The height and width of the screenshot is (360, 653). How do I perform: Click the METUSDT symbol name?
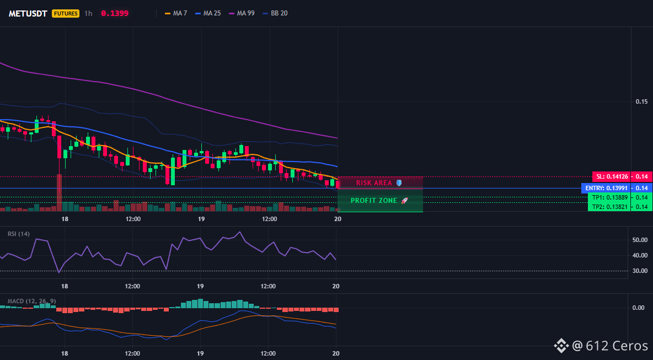(x=29, y=13)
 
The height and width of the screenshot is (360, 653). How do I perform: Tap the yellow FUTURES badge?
(x=66, y=13)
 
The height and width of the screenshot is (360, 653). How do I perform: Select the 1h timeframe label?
(x=88, y=13)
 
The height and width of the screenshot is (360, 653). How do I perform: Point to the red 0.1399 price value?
(x=115, y=13)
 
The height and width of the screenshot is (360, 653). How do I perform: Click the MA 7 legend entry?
(x=176, y=13)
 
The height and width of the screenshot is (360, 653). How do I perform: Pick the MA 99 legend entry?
(x=242, y=13)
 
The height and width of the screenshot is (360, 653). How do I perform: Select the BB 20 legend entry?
(x=275, y=13)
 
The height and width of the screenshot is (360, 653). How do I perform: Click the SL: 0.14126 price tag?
(x=611, y=176)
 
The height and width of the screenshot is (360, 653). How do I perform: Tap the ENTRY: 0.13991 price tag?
(x=606, y=188)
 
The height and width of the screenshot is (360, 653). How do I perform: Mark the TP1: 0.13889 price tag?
(x=609, y=197)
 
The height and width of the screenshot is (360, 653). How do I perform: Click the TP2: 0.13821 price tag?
(x=609, y=206)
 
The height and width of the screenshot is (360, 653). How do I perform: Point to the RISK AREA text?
(x=374, y=182)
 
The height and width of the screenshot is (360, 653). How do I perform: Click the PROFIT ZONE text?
(x=374, y=201)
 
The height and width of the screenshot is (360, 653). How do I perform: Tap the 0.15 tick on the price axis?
(x=641, y=101)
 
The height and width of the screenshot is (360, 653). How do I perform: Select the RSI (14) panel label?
(x=19, y=234)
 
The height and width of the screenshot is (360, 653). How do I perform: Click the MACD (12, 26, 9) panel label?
(x=31, y=301)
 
